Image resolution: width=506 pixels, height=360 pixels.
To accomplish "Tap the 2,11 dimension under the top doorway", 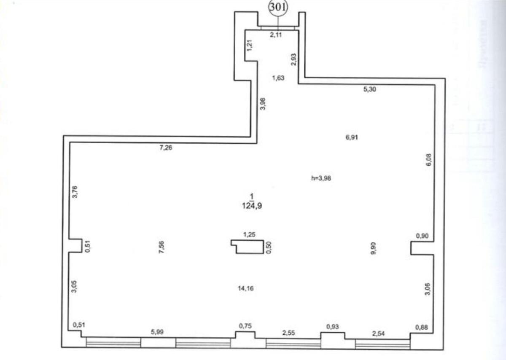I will pyautogui.click(x=276, y=35).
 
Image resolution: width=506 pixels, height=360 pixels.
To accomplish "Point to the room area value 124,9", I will pyautogui.click(x=252, y=206).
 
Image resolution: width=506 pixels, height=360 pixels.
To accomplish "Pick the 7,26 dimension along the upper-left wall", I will pyautogui.click(x=166, y=148).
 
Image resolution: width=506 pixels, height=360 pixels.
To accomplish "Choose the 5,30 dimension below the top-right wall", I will pyautogui.click(x=370, y=89).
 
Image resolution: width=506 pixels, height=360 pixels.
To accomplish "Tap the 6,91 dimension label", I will pyautogui.click(x=352, y=137).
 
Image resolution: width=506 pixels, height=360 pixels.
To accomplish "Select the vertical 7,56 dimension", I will pyautogui.click(x=162, y=247).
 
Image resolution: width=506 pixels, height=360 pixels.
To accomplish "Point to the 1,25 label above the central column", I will pyautogui.click(x=250, y=234).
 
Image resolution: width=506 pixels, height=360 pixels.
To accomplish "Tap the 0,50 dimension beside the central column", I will pyautogui.click(x=269, y=247).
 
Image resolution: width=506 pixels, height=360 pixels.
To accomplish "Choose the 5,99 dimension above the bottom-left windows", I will pyautogui.click(x=157, y=332).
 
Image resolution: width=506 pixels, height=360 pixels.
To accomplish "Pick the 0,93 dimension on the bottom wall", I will pyautogui.click(x=332, y=326).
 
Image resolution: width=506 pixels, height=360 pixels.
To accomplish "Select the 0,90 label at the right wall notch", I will pyautogui.click(x=423, y=236).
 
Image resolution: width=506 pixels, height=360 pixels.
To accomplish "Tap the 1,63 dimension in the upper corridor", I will pyautogui.click(x=278, y=77).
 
